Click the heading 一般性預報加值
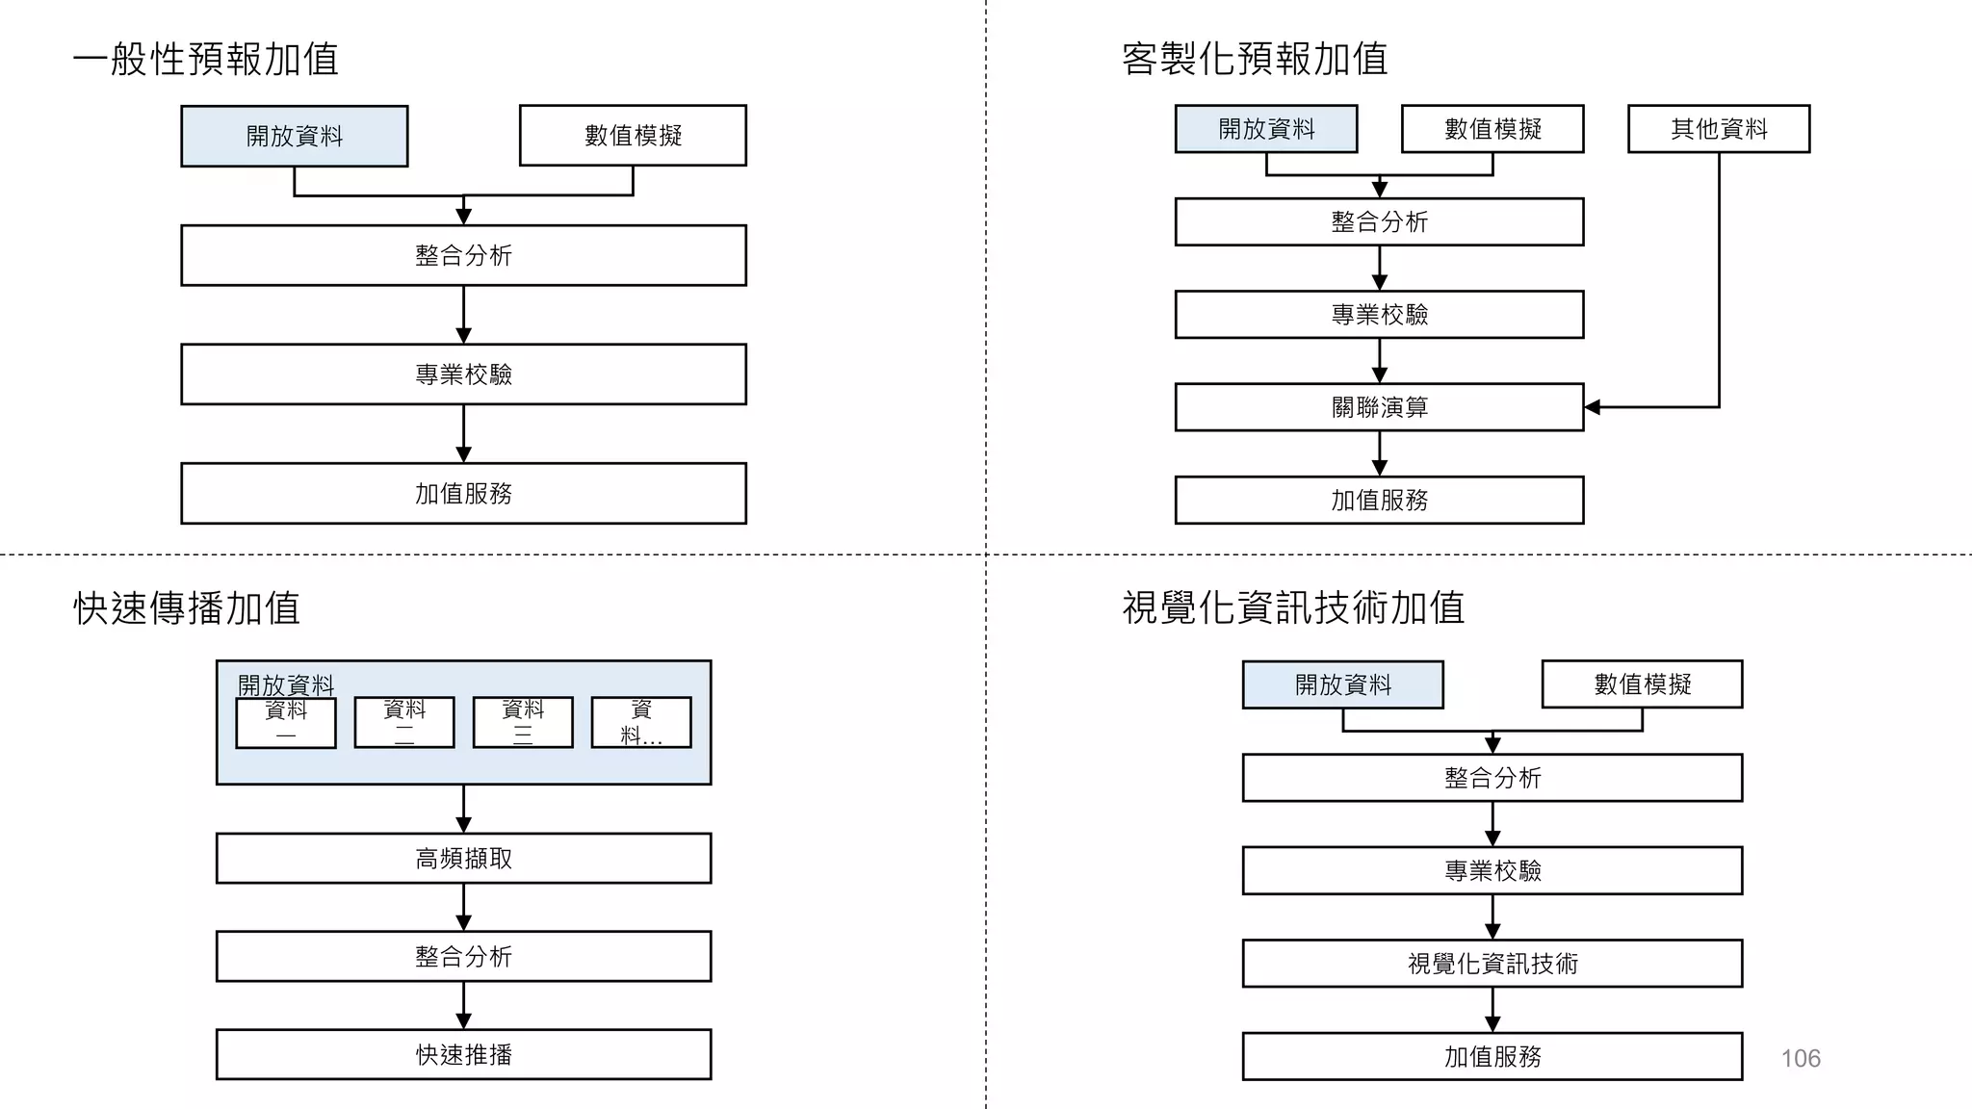[x=205, y=59]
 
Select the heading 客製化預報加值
[x=1255, y=59]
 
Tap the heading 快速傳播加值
[x=187, y=608]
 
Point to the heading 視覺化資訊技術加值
[x=1293, y=608]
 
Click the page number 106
[x=1801, y=1059]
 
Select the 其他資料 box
[x=1719, y=129]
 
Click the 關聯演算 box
[x=1379, y=407]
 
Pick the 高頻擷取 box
[x=463, y=858]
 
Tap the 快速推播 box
[x=463, y=1054]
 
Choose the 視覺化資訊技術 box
[x=1492, y=964]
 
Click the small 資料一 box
[x=286, y=723]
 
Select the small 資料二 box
[x=404, y=723]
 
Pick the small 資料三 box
[x=523, y=723]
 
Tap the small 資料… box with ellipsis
[x=641, y=723]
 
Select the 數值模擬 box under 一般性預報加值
[x=633, y=136]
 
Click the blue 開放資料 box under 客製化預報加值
[x=1266, y=129]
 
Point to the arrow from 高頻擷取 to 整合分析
[x=463, y=908]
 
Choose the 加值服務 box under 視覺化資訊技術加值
[x=1492, y=1056]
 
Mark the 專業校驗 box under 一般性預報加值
[x=463, y=374]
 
